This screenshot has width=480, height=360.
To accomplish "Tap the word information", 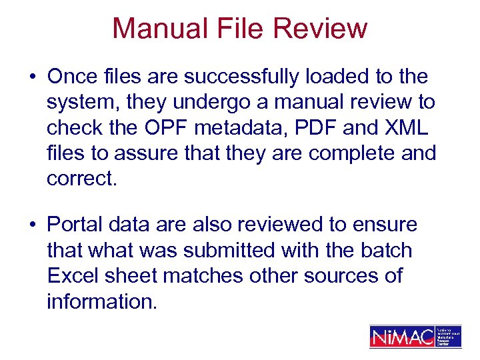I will click(102, 301).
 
